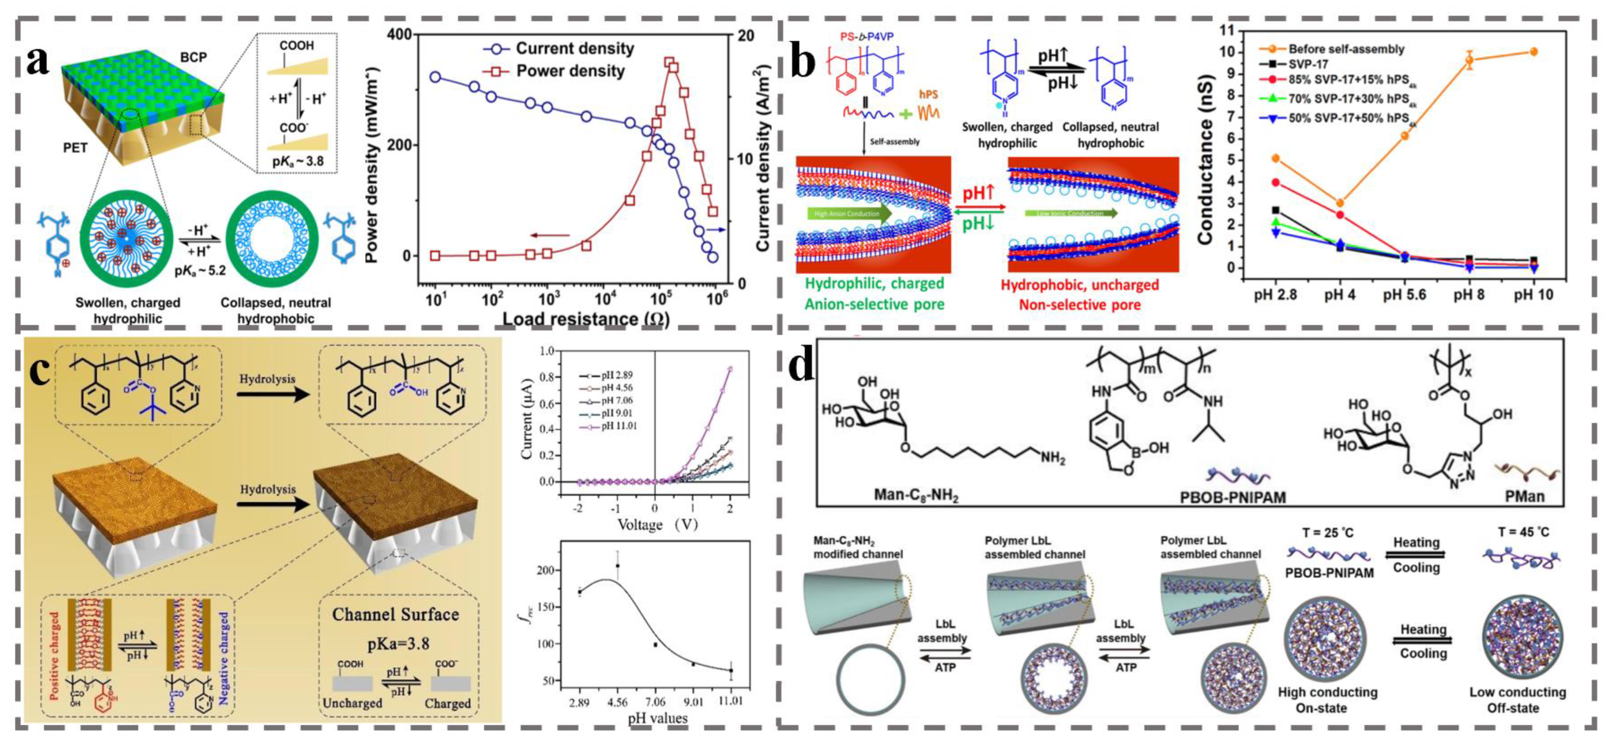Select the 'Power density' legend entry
coord(570,71)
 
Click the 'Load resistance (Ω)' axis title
coord(586,319)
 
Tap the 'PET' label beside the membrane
coord(75,148)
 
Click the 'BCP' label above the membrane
coord(193,57)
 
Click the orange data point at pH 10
coord(1533,52)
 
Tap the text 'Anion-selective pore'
coord(874,305)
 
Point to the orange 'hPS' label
coord(928,95)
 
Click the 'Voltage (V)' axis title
coord(657,524)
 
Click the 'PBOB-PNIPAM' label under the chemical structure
coord(1233,497)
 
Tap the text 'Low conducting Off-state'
coord(1518,700)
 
